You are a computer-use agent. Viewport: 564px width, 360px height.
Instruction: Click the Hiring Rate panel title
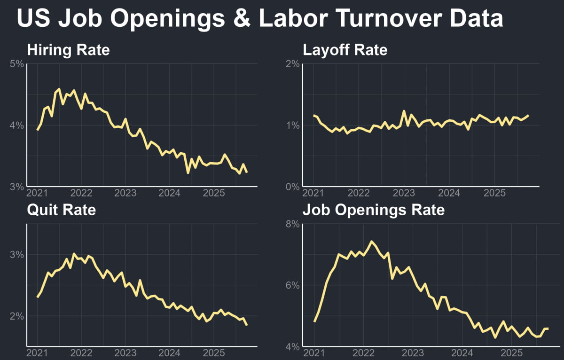point(68,50)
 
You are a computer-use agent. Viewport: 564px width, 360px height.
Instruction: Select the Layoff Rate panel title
point(345,50)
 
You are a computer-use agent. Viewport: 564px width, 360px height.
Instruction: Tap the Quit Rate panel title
point(61,210)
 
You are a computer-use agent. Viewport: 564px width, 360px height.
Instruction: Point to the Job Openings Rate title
point(373,210)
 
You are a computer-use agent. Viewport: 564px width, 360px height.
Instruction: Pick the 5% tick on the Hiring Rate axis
point(17,64)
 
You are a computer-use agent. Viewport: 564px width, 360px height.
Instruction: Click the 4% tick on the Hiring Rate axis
point(17,125)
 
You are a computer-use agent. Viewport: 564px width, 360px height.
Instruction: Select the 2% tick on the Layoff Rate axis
point(293,64)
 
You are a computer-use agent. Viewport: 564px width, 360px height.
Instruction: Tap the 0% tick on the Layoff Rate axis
point(293,187)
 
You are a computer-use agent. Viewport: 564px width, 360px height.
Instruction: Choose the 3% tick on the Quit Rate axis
point(17,255)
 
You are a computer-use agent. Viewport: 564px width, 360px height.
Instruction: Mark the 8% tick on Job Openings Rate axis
point(293,224)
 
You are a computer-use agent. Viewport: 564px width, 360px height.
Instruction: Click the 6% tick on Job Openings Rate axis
point(293,286)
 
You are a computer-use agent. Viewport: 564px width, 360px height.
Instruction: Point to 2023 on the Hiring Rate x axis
point(125,193)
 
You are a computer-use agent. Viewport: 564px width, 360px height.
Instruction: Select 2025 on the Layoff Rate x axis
point(494,193)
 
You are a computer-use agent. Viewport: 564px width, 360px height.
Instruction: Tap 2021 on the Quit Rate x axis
point(37,353)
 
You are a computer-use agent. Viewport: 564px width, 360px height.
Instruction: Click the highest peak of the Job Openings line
point(371,242)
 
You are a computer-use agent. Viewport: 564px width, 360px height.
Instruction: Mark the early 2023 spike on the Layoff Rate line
point(403,111)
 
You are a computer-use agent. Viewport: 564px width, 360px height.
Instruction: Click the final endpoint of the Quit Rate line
point(247,325)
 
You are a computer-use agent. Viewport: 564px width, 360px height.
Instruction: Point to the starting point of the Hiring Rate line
point(38,130)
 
